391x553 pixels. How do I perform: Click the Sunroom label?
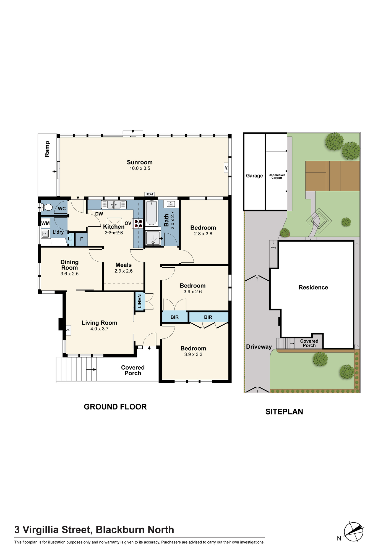coord(140,162)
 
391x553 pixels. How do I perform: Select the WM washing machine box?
coord(45,223)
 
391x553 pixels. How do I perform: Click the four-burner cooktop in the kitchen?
coord(138,223)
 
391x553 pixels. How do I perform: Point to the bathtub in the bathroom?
coord(152,213)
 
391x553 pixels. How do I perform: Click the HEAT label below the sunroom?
coord(150,194)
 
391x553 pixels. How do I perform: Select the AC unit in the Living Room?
coord(68,330)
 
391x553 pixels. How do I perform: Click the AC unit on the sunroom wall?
coord(226,168)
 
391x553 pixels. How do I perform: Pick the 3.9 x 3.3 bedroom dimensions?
coord(193,354)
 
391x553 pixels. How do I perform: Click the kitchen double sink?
coord(114,205)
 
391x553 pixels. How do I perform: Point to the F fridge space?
coord(81,239)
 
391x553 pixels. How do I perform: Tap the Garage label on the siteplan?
coord(254,176)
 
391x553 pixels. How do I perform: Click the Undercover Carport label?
coord(277,176)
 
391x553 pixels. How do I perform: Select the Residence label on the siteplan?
coord(313,287)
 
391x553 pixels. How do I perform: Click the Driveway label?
coord(259,347)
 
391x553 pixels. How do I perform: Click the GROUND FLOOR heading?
coord(115,407)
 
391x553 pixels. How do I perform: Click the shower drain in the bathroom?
coord(153,242)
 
